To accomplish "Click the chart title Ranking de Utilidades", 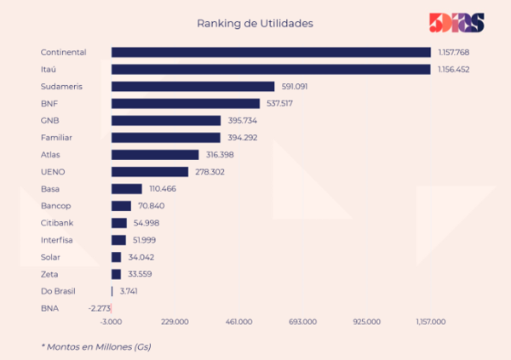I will click(255, 23).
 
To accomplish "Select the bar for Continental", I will click(271, 52).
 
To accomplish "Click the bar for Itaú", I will click(271, 69).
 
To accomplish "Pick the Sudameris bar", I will click(192, 86).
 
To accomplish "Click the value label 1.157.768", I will click(454, 52).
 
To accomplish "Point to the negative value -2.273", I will click(98, 307).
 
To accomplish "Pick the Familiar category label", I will click(58, 137).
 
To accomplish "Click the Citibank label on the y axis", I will click(58, 222).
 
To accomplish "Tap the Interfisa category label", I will click(58, 239).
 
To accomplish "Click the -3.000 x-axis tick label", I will click(111, 322).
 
